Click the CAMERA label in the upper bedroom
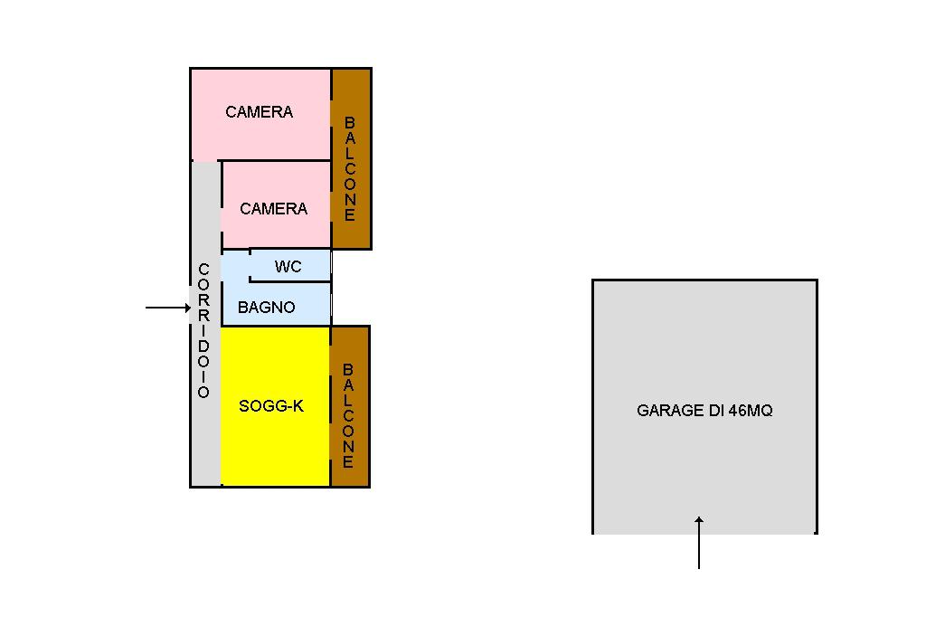pyautogui.click(x=260, y=112)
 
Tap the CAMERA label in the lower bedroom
pyautogui.click(x=273, y=209)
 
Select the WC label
pyautogui.click(x=288, y=267)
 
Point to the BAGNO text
pyautogui.click(x=266, y=308)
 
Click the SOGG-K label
pyautogui.click(x=271, y=406)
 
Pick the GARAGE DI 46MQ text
pyautogui.click(x=704, y=411)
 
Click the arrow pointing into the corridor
pyautogui.click(x=168, y=308)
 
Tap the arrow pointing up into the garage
pyautogui.click(x=699, y=542)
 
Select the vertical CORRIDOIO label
pyautogui.click(x=203, y=331)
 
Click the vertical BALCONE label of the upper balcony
pyautogui.click(x=350, y=169)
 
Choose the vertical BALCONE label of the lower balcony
pyautogui.click(x=349, y=416)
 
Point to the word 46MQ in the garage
pyautogui.click(x=751, y=411)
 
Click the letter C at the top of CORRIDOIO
pyautogui.click(x=203, y=270)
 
